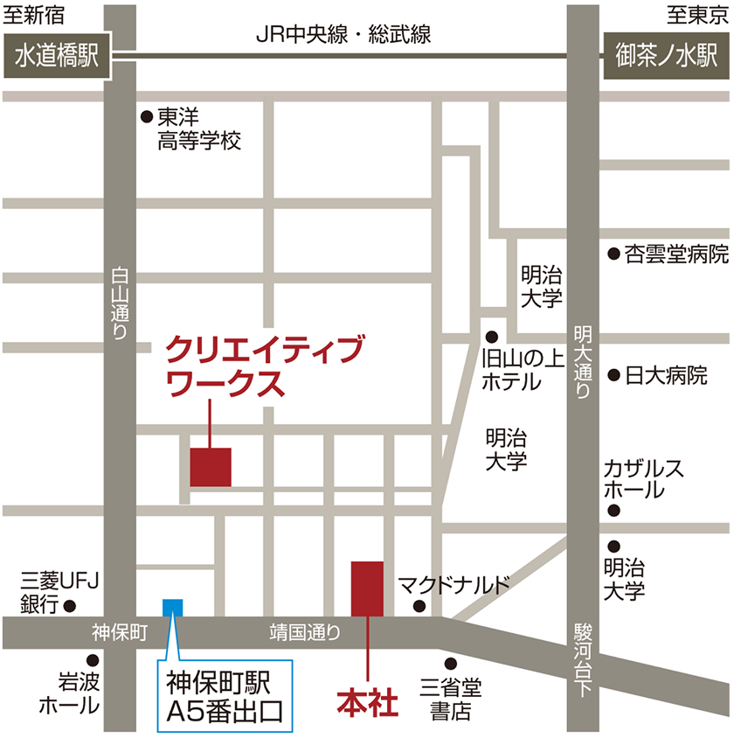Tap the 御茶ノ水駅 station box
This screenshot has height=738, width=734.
(667, 58)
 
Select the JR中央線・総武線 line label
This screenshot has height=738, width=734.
(343, 34)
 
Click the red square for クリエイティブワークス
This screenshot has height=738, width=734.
(211, 467)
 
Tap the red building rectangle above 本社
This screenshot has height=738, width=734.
(367, 588)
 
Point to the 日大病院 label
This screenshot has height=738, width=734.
(666, 376)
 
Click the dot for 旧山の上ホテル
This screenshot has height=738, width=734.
(492, 336)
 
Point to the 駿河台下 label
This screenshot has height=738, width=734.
(582, 659)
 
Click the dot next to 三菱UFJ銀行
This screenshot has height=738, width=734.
(70, 604)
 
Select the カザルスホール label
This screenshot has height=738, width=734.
(643, 479)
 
